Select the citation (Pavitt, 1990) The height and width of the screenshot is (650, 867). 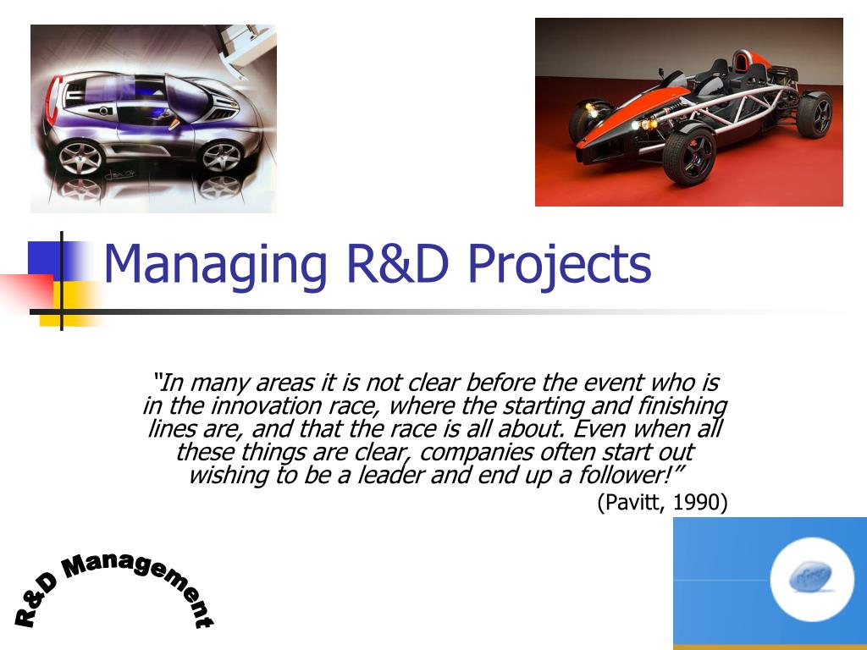coord(662,502)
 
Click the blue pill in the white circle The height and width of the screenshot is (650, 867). coord(810,577)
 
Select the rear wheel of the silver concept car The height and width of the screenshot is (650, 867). coord(80,158)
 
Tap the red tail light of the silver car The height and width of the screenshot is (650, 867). coord(52,100)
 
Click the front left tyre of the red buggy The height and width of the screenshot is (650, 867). coord(689,156)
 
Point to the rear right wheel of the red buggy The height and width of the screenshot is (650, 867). coord(815,115)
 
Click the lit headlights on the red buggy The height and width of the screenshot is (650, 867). coord(643,124)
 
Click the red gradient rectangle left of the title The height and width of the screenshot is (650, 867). coord(26,292)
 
